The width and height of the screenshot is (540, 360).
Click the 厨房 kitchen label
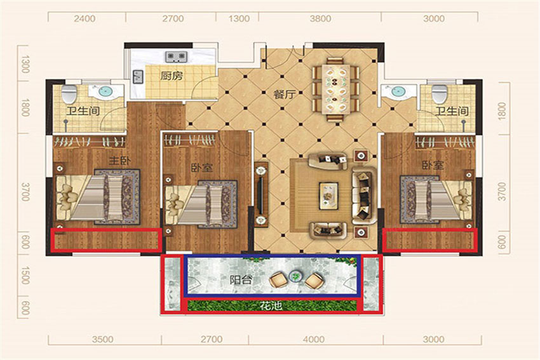pos(172,76)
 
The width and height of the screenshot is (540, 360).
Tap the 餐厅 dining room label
pos(285,94)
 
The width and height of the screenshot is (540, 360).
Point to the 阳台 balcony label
pos(241,280)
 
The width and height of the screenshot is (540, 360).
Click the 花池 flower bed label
pos(271,305)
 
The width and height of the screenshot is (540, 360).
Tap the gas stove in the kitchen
pos(177,57)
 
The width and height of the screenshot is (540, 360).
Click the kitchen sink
pos(138,76)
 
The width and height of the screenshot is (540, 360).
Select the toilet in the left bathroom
pos(69,93)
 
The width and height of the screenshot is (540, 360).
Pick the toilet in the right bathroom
pos(440,93)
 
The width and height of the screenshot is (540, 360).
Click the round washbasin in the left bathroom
pos(105,91)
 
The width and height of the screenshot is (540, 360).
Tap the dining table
pos(336,89)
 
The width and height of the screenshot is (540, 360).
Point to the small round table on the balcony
pos(295,276)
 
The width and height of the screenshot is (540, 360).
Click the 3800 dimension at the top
pos(320,18)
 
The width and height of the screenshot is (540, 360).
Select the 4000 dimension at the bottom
pos(314,339)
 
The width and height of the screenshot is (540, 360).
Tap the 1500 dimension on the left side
pos(25,275)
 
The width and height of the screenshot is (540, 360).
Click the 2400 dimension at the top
pos(84,18)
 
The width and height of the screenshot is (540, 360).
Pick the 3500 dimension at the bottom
pos(103,339)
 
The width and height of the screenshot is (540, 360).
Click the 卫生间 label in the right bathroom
pos(452,111)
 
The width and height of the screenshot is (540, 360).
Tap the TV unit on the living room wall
pos(261,194)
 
